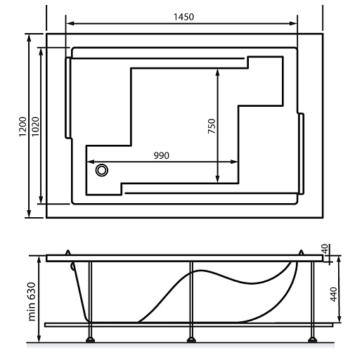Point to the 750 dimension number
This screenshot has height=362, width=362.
click(x=212, y=127)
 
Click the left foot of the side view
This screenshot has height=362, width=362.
click(x=90, y=342)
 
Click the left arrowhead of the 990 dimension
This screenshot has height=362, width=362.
click(x=90, y=162)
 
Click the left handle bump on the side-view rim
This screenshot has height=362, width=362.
click(x=67, y=252)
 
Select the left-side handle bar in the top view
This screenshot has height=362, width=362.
click(x=68, y=98)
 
